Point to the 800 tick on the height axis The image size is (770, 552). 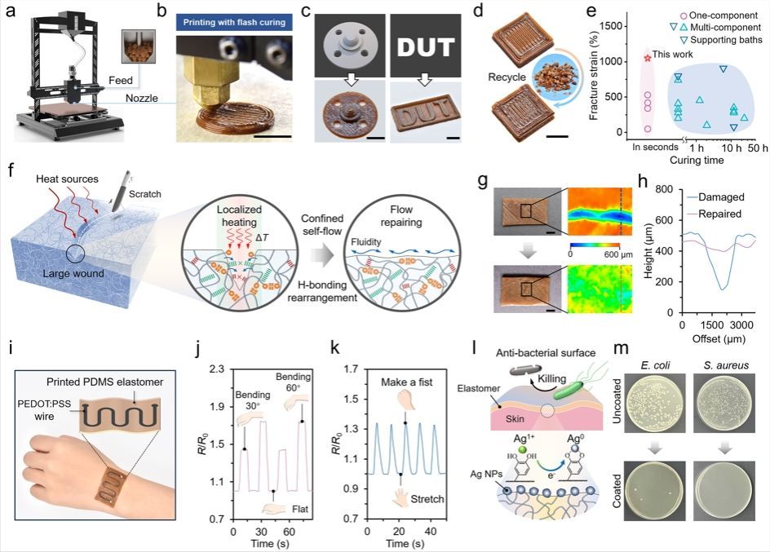(672, 188)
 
